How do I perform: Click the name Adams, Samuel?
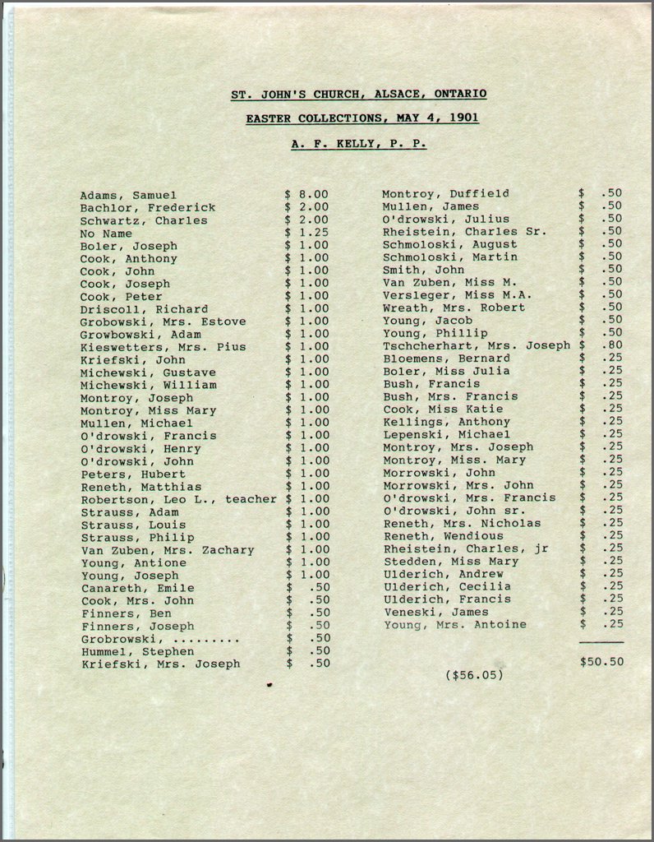[127, 195]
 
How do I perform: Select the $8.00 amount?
[306, 195]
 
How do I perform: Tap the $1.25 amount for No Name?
[306, 234]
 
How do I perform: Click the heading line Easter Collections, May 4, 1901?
[362, 118]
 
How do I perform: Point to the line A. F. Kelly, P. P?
[358, 143]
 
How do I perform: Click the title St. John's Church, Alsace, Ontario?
[358, 95]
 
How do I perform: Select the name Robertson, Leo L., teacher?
[178, 499]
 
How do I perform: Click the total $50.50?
[601, 661]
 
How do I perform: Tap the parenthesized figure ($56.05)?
[474, 674]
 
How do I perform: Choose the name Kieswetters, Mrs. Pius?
[163, 347]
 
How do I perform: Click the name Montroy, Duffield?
[445, 194]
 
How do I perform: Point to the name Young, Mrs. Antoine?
[454, 625]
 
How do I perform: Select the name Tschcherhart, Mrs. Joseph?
[476, 345]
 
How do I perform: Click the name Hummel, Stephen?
[137, 651]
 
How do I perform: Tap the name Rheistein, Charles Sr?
[464, 232]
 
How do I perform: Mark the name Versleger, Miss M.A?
[457, 295]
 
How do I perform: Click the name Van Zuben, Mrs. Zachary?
[167, 550]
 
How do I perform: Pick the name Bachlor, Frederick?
[147, 208]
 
